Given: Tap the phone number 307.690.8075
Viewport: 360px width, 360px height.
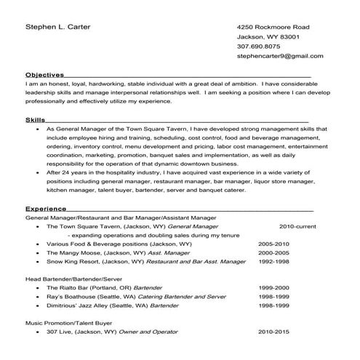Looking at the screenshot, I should click(x=259, y=46).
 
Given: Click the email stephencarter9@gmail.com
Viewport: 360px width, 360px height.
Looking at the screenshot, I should click(x=280, y=56).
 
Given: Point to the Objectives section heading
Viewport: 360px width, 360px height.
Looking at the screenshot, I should click(x=44, y=75).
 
